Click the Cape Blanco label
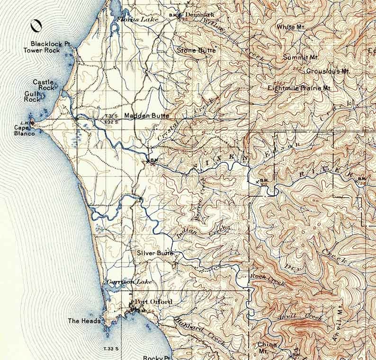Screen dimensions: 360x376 click(24, 131)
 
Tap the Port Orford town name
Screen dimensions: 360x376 click(153, 302)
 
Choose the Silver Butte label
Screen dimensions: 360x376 click(155, 253)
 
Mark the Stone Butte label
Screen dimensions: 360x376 click(196, 50)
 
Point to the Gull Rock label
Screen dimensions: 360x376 click(33, 97)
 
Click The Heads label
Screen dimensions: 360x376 click(84, 321)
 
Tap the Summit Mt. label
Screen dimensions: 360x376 click(301, 57)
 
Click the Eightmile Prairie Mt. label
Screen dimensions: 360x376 click(299, 88)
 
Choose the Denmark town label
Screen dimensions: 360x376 click(196, 15)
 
